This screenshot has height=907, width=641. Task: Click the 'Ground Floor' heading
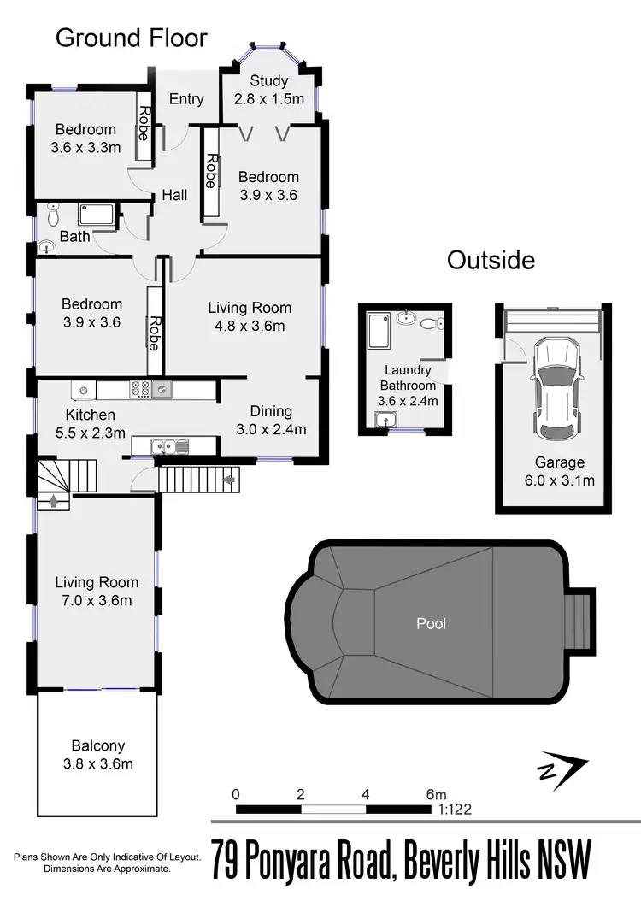(x=132, y=38)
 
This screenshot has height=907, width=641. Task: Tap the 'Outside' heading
(x=491, y=260)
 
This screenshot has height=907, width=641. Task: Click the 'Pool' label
(x=431, y=623)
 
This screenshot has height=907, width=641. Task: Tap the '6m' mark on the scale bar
(x=436, y=793)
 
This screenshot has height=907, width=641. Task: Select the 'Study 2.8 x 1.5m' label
(x=269, y=90)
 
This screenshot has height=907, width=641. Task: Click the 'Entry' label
(x=186, y=99)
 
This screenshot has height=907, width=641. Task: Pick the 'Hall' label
(x=174, y=196)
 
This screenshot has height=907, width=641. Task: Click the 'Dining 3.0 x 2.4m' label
(x=271, y=420)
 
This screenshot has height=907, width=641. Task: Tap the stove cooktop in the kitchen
(x=140, y=390)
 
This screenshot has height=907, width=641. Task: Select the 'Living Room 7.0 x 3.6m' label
(x=97, y=591)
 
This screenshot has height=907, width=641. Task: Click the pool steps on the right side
(x=580, y=623)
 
